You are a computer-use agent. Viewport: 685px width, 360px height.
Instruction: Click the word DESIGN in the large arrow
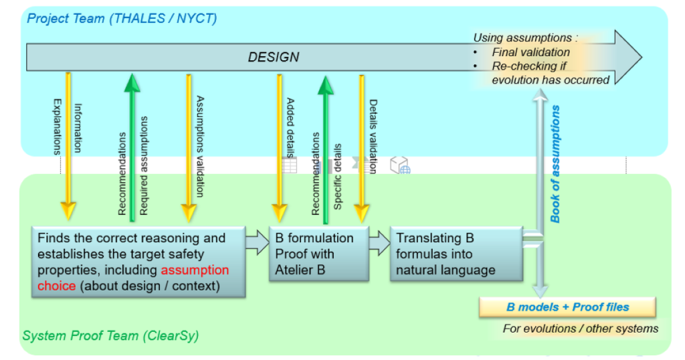(x=273, y=57)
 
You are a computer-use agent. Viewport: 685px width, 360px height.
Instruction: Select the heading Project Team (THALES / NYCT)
(x=122, y=18)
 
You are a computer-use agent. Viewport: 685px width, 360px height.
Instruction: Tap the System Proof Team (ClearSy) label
(x=110, y=335)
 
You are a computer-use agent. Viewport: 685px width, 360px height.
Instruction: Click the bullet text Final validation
(x=530, y=52)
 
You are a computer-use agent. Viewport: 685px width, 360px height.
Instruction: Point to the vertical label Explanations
(x=57, y=127)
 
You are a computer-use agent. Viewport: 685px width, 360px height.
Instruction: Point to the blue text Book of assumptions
(x=555, y=164)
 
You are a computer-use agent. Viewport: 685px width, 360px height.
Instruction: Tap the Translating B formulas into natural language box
(x=455, y=254)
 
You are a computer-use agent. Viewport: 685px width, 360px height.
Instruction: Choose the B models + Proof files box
(x=567, y=307)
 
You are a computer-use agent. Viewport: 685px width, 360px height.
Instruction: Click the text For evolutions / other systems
(x=581, y=329)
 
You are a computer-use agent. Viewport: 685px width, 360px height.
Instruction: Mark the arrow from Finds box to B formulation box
(x=257, y=242)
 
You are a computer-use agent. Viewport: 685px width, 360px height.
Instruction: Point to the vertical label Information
(x=78, y=127)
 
